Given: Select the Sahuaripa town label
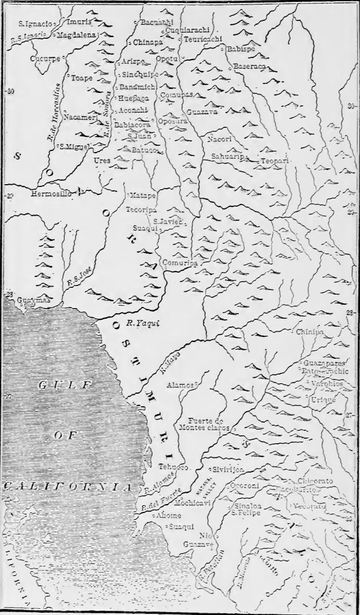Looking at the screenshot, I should point(227,156).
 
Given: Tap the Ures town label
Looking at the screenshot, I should point(102,161).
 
